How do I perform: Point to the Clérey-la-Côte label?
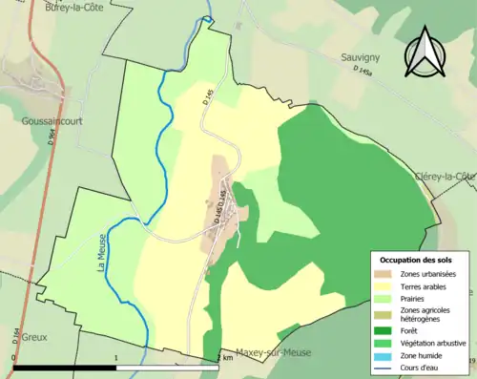coord(445,177)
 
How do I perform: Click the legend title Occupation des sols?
coord(416,260)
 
